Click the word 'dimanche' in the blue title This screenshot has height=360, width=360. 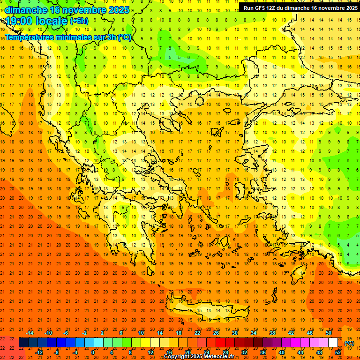click(26, 10)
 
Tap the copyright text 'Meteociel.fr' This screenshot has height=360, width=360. click(218, 357)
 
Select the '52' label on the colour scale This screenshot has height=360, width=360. click(338, 352)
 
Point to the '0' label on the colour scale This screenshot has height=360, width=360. click(93, 352)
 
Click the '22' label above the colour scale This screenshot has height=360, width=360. click(197, 333)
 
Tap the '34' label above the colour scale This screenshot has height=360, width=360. click(254, 333)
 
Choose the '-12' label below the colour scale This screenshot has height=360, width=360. click(39, 352)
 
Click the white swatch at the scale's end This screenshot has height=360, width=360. click(333, 343)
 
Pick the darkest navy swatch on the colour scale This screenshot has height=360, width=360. click(23, 343)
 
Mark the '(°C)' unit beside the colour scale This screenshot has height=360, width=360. click(349, 343)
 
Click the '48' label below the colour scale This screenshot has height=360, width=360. click(319, 352)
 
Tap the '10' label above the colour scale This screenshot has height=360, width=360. click(141, 333)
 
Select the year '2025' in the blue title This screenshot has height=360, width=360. click(117, 10)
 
